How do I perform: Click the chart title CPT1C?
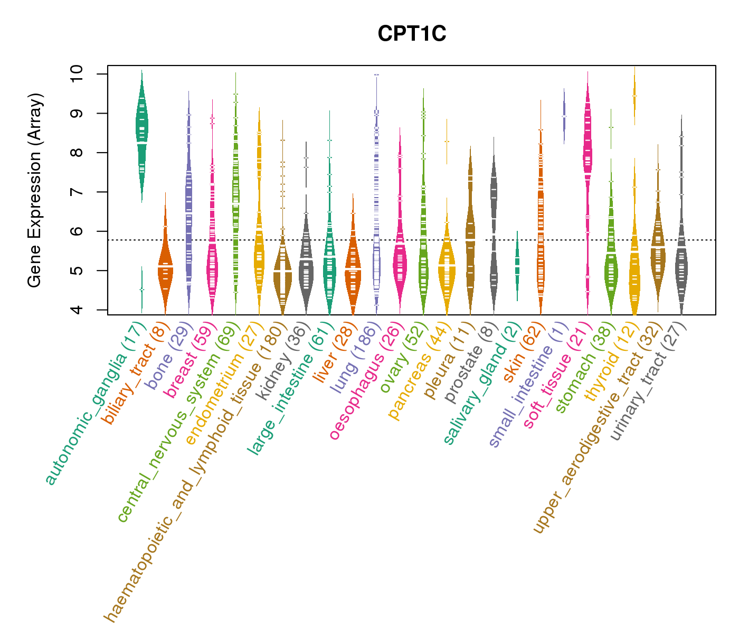coord(412,34)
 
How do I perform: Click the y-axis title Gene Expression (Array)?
coord(35,191)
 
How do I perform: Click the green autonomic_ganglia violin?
coord(142,132)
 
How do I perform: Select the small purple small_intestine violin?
coord(564,117)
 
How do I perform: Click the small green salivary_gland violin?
coord(517,264)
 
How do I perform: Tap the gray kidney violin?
coord(306,264)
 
